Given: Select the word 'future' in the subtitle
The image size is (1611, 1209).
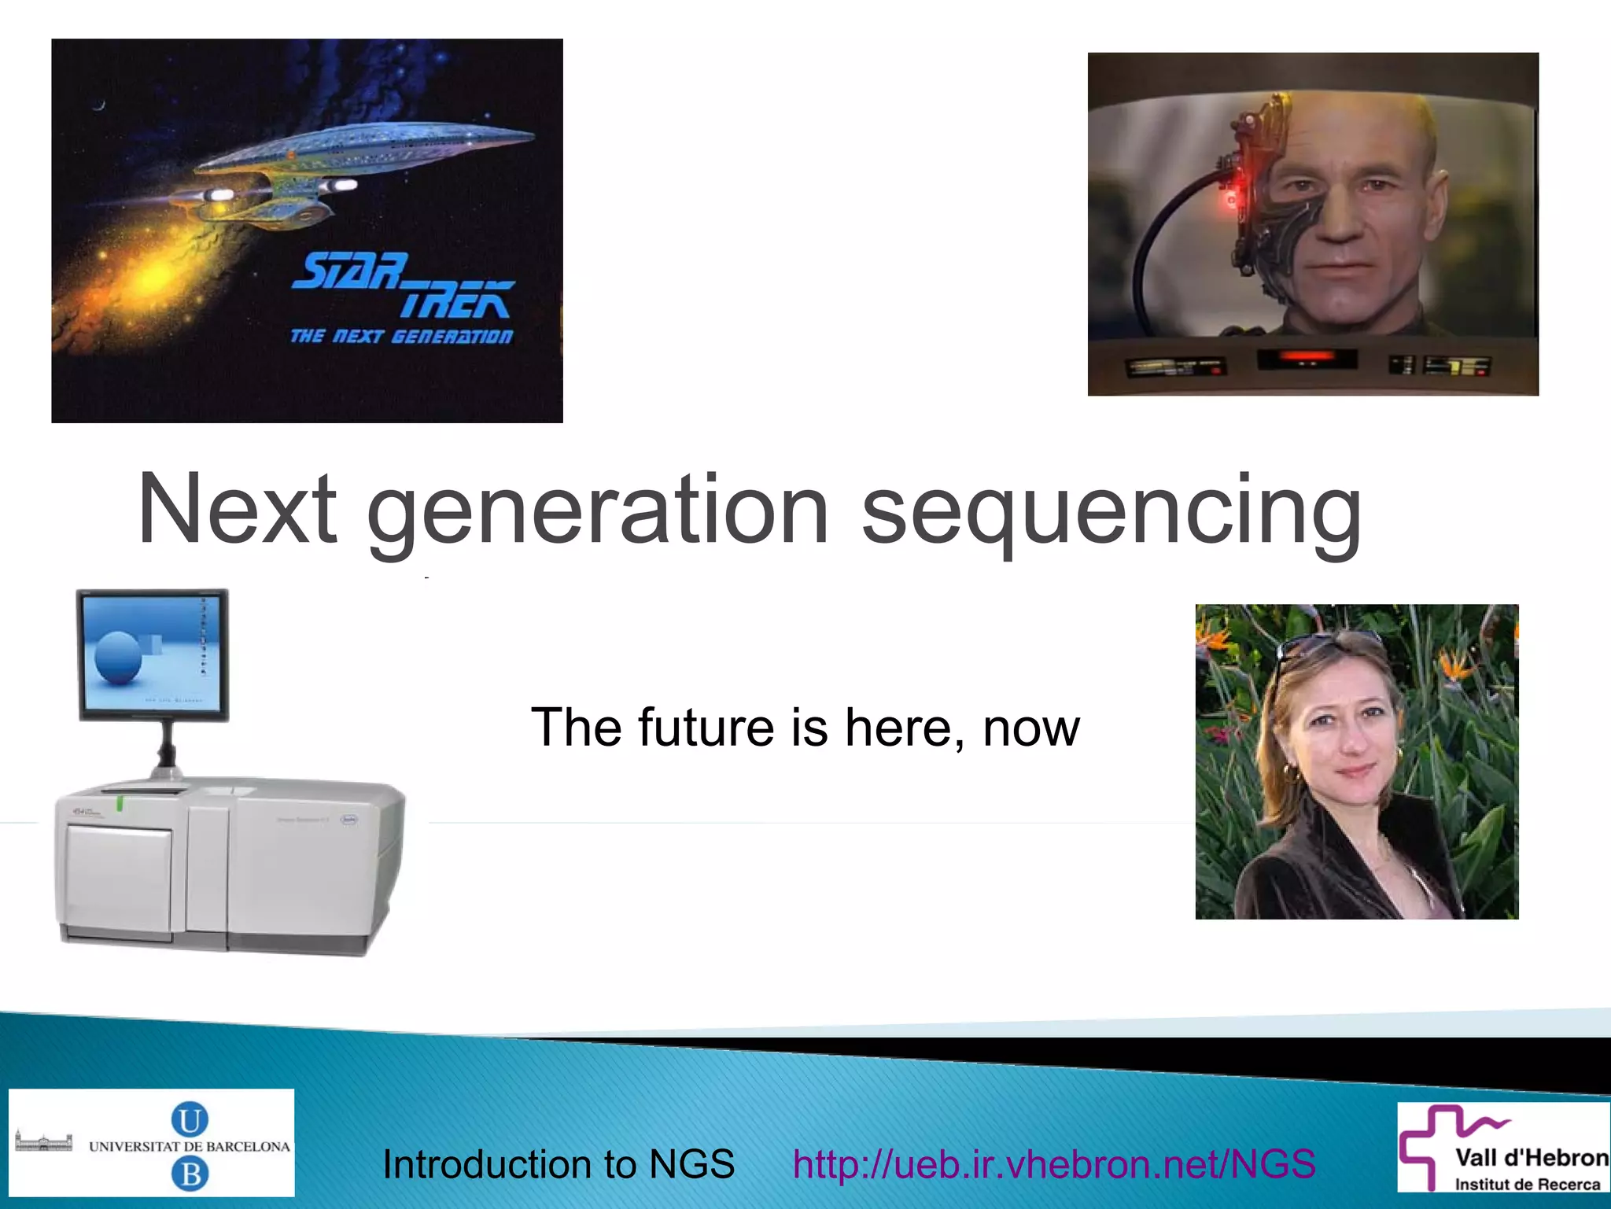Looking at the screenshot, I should click(706, 727).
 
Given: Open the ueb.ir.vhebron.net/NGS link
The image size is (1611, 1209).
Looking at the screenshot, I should click(1054, 1164).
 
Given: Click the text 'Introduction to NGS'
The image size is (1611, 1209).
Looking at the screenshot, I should click(558, 1164).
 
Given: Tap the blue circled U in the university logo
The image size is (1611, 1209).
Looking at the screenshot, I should click(190, 1119).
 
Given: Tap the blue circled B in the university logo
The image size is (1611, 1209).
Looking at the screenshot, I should click(190, 1174).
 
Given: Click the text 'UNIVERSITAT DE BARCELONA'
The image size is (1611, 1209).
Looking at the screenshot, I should click(190, 1147).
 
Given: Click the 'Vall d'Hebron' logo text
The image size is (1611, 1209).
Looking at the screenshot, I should click(1531, 1158).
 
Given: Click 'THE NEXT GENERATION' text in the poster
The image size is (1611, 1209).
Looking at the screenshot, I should click(401, 337).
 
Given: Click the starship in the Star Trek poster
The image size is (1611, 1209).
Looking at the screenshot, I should click(346, 165).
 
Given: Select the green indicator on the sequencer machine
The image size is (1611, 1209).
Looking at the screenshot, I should click(120, 803).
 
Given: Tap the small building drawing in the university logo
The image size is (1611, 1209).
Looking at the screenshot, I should click(43, 1141).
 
